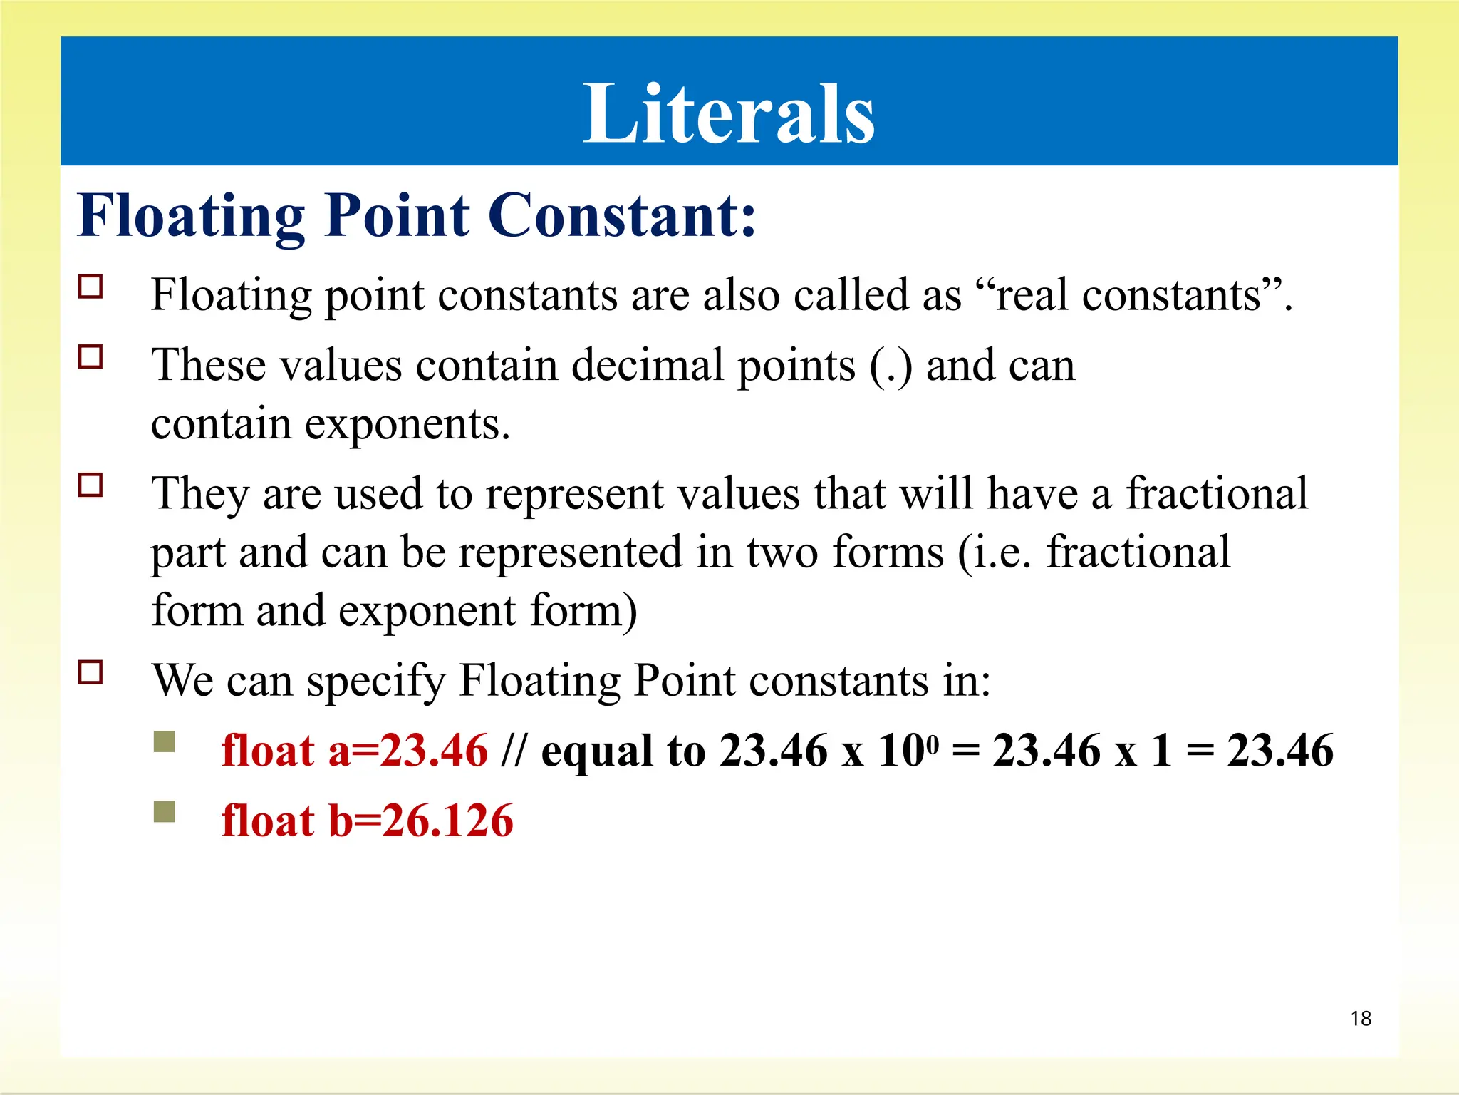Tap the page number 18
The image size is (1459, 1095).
[1360, 1018]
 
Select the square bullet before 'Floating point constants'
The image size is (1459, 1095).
[90, 287]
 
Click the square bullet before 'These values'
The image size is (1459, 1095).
[90, 356]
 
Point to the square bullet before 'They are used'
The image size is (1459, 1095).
[90, 485]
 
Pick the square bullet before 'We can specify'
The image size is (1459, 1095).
[90, 672]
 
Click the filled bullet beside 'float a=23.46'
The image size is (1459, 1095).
[165, 741]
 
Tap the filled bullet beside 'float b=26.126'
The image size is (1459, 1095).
[165, 811]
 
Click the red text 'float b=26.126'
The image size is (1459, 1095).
[367, 820]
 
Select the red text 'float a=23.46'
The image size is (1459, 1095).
[354, 750]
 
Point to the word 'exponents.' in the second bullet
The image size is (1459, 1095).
[407, 425]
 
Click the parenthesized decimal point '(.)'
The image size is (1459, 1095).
[891, 366]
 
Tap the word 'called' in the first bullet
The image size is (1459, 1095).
[851, 295]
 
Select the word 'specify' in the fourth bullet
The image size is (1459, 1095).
[375, 681]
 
